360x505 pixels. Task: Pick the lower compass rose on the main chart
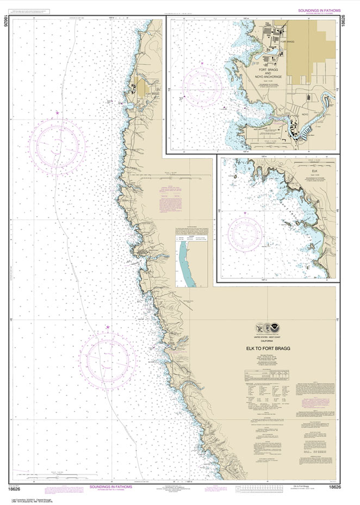(107, 358)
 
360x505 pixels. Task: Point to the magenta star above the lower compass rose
(107, 327)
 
